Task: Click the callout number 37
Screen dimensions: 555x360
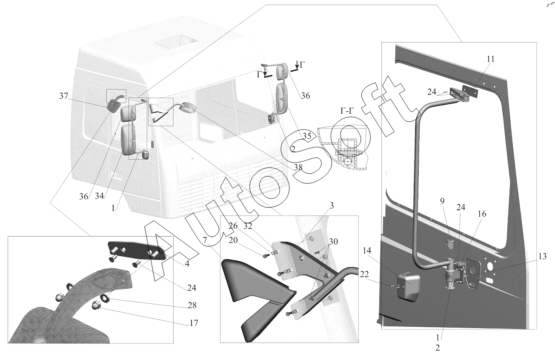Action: [63, 97]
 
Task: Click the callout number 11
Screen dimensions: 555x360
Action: [490, 59]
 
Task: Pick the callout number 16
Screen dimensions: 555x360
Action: [482, 214]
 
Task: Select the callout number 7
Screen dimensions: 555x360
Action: [205, 240]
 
